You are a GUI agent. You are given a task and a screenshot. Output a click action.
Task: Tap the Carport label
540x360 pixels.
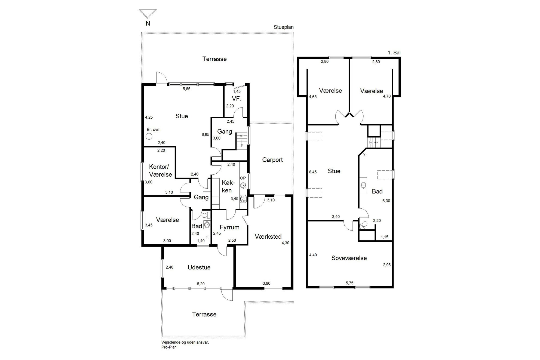pos(272,160)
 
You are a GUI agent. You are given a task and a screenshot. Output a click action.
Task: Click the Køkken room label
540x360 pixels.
pos(227,186)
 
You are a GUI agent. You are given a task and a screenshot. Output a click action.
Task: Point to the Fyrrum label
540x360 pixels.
pos(229,227)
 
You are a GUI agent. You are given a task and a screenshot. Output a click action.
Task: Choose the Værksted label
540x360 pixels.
pos(268,236)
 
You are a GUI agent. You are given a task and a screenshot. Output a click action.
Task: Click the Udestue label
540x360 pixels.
pos(199,267)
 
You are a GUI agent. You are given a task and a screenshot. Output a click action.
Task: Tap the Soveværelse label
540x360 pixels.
pos(349,258)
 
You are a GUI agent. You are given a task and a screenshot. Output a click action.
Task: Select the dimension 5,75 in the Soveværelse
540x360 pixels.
pos(349,283)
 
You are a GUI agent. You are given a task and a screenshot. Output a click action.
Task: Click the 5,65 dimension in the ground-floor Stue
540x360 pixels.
pos(186,89)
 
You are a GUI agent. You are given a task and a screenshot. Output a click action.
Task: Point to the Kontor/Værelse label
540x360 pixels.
pos(160,171)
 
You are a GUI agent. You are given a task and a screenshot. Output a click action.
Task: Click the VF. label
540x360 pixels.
pos(237,99)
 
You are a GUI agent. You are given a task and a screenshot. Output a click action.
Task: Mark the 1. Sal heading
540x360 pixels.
pos(394,53)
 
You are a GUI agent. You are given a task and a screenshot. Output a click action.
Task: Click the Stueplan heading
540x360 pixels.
pos(284,27)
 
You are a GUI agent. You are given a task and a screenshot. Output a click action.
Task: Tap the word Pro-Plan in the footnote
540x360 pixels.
pos(169,347)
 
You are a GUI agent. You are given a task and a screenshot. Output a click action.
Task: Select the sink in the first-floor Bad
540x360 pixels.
pos(363,185)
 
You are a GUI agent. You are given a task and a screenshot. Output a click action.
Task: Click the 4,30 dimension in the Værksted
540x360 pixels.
pos(285,243)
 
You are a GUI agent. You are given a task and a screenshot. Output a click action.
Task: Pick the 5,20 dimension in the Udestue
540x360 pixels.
pos(201,284)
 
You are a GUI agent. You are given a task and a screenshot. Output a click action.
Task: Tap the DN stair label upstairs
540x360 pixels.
pos(370,142)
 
